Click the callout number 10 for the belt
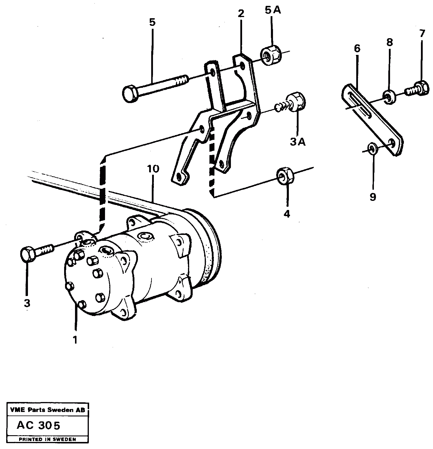(x=153, y=169)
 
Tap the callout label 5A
(x=273, y=10)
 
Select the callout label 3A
(x=298, y=142)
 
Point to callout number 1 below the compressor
(x=75, y=340)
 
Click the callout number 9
(x=373, y=197)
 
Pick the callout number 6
(x=357, y=48)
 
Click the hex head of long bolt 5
(x=129, y=94)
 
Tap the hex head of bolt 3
(x=28, y=254)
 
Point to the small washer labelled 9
(x=372, y=149)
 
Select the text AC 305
(x=39, y=425)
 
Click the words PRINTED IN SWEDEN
(x=47, y=439)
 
